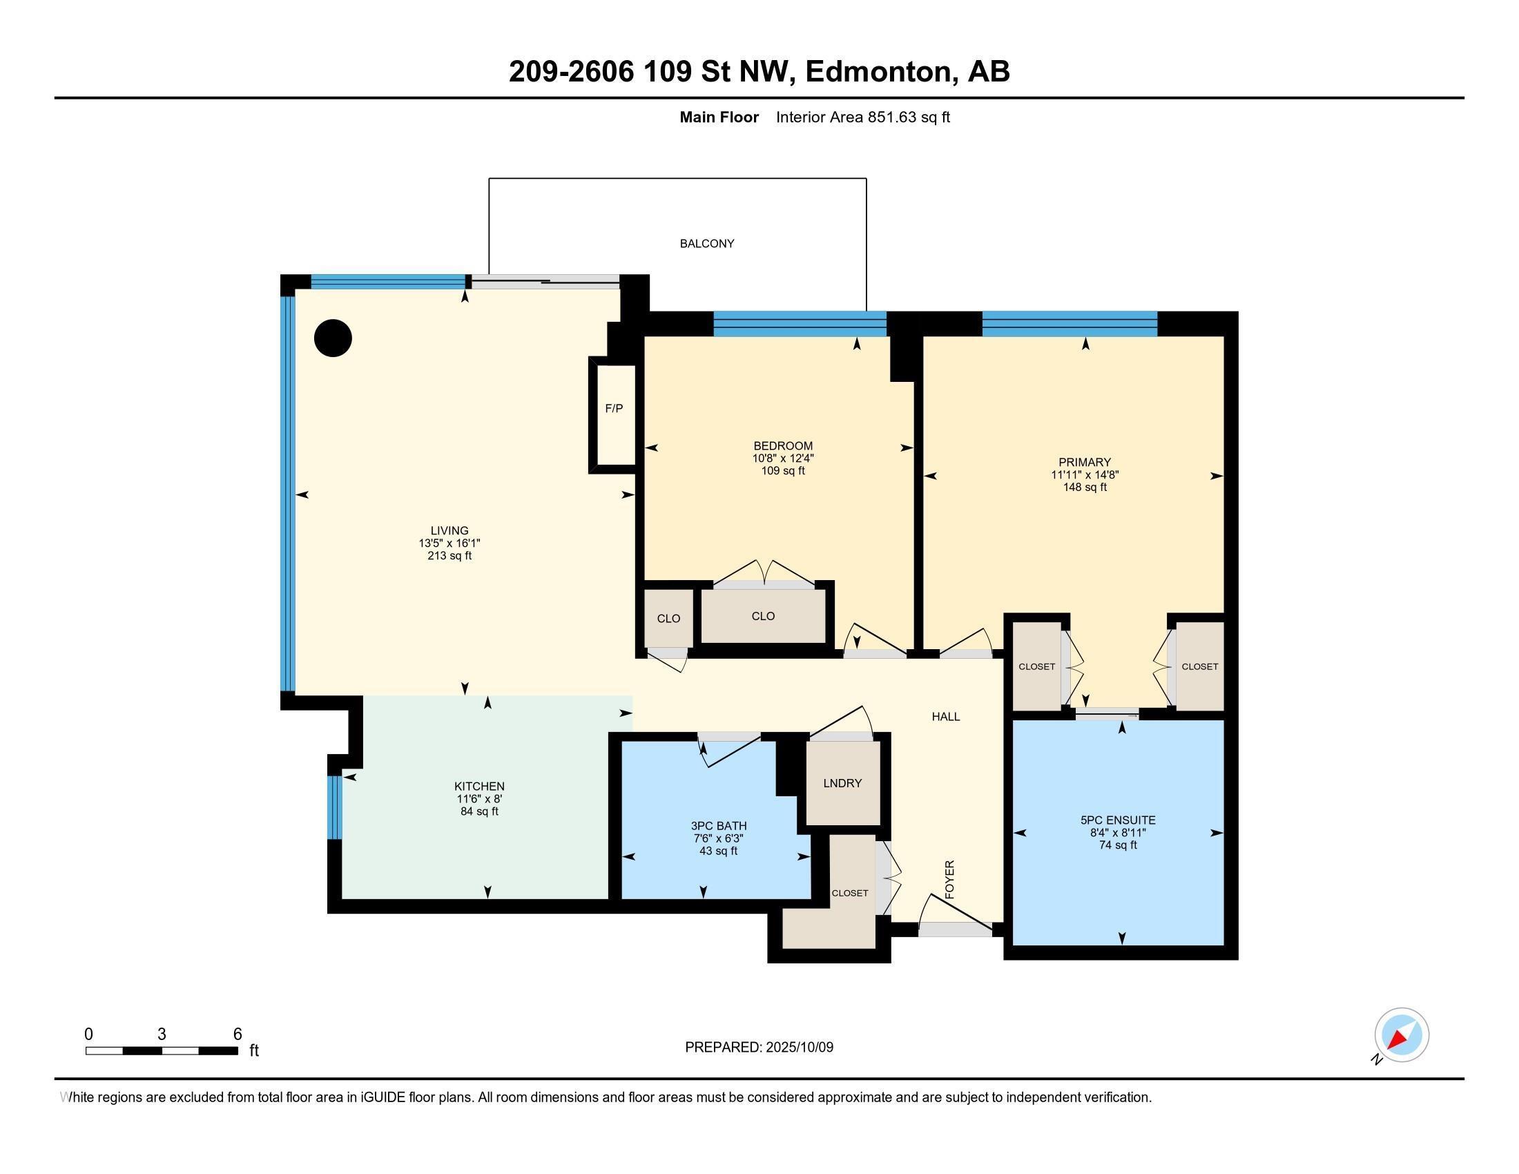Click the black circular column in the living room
tap(333, 338)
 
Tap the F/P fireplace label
tap(613, 409)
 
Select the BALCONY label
tap(706, 243)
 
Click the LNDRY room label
tap(842, 783)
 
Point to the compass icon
tap(1401, 1035)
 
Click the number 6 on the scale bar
tap(237, 1034)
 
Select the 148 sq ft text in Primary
tap(1084, 488)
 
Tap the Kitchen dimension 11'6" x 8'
tap(479, 799)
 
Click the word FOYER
tap(949, 879)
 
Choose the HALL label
tap(945, 716)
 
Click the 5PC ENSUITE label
tap(1118, 820)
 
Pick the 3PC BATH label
tap(719, 825)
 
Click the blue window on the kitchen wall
tap(335, 807)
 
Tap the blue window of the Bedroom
tap(800, 325)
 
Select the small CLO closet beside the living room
tap(668, 618)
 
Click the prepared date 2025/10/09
tap(798, 1047)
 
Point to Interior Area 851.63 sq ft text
tap(862, 117)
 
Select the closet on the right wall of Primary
tap(1199, 666)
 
